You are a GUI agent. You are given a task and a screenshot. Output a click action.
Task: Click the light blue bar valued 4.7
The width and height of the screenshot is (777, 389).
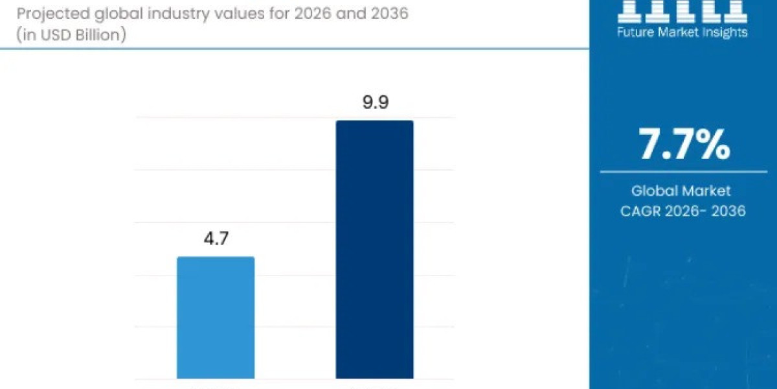pos(216,317)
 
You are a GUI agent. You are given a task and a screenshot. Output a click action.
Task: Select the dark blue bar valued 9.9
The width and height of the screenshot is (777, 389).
pos(374,249)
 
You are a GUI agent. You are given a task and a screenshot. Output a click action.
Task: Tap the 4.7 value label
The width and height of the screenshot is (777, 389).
pos(216,239)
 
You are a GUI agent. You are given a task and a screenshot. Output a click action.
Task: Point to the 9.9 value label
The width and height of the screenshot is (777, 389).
pos(375,102)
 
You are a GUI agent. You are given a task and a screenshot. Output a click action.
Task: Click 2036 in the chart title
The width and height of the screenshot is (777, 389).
pos(387,13)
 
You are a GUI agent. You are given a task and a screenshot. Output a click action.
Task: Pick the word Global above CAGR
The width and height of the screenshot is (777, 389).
pos(653,191)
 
